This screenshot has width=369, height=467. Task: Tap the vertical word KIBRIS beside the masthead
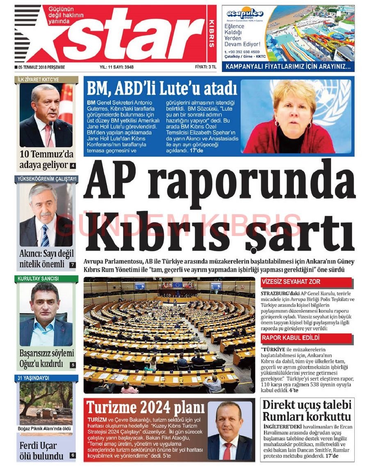212,33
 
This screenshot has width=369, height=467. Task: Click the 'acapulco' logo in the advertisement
245,14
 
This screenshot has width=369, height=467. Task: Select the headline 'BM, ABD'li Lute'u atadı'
162,88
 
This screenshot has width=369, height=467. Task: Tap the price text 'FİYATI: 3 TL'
205,67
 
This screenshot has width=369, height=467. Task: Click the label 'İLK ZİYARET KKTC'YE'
39,79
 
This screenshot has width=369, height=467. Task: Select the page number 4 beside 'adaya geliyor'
73,166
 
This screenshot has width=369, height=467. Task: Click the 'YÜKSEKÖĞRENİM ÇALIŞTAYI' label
46,179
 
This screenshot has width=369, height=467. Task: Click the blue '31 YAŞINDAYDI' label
34,378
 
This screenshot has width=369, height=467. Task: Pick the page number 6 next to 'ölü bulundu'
73,455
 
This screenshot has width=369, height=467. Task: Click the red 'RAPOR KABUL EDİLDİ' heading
291,338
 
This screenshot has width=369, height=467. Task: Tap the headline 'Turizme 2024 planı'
145,408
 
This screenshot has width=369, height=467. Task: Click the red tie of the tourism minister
227,451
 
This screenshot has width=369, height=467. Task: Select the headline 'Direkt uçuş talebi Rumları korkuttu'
307,411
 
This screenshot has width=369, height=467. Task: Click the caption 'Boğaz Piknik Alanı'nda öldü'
46,429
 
